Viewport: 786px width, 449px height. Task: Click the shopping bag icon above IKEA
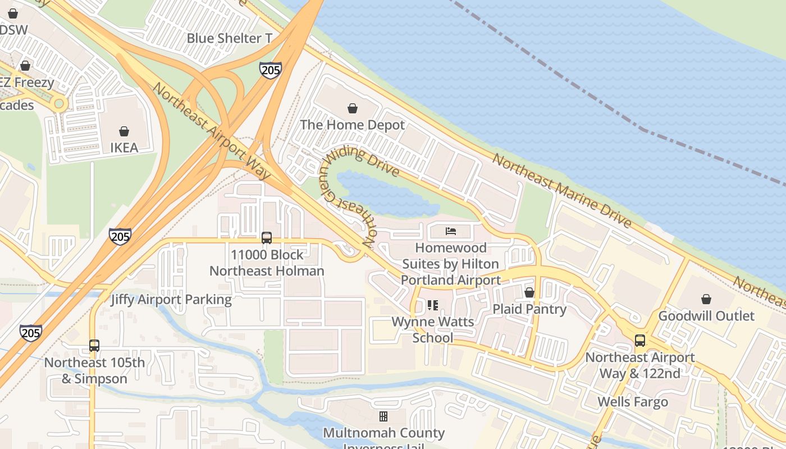124,131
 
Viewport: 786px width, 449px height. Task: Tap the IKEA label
124,148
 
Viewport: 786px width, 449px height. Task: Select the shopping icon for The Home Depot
353,108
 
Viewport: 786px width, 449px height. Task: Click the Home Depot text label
353,125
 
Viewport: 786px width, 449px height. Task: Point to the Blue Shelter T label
229,38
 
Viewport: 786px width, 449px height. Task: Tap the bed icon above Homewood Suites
450,231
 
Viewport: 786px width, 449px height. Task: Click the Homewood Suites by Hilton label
450,263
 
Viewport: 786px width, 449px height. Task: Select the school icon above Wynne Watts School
432,305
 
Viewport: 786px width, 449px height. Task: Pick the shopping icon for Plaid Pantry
529,292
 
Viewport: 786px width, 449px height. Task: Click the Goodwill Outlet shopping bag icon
706,299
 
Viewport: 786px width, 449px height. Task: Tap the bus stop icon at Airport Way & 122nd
639,340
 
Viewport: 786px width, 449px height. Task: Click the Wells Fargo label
633,402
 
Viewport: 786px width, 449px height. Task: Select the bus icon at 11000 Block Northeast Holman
267,238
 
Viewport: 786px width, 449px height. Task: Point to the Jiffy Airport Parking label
171,299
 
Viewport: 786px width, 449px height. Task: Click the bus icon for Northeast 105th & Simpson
94,346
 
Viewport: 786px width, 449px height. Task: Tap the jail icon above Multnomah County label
383,416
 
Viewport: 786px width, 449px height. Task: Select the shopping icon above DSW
12,13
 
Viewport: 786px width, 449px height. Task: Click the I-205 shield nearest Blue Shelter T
271,70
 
